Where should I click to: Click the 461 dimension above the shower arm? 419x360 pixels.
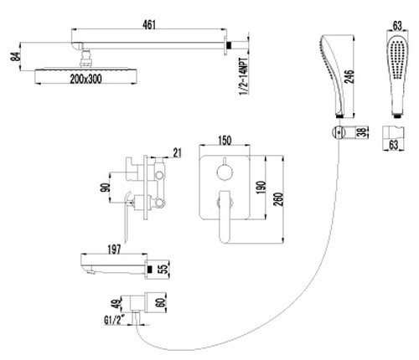(x=149, y=24)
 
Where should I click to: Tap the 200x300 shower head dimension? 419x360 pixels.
(x=85, y=79)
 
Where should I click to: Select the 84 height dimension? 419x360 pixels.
(x=16, y=57)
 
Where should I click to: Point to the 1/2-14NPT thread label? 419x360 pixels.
(x=244, y=76)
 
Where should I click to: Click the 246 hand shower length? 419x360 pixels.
(x=349, y=76)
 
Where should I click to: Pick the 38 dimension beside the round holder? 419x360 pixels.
(x=362, y=132)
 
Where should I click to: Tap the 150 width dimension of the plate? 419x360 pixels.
(x=225, y=141)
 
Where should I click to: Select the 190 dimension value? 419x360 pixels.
(x=261, y=188)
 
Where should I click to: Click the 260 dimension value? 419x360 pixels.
(x=278, y=199)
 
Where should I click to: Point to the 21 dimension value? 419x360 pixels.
(x=177, y=153)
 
